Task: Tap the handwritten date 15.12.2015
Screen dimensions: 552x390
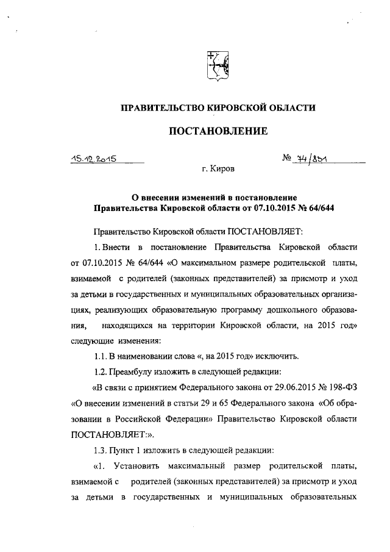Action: [x=92, y=160]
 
